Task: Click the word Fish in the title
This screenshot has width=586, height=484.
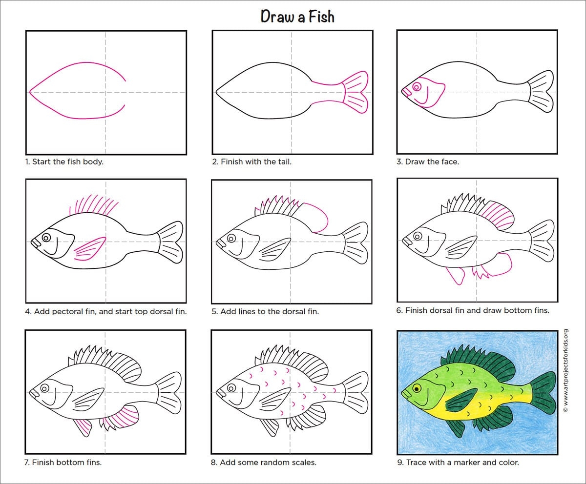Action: coord(321,16)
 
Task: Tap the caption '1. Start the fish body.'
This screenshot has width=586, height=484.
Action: coord(64,162)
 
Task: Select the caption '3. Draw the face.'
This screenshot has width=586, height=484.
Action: coord(428,162)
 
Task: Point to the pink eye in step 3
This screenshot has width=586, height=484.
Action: coord(417,87)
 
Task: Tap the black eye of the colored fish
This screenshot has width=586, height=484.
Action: coord(417,389)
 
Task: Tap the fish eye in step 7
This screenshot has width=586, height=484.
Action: coord(44,388)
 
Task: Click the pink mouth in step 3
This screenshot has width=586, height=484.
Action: coord(406,93)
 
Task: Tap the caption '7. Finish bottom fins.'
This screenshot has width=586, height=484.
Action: coord(63,463)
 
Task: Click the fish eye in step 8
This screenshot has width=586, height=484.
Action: coord(231,388)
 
